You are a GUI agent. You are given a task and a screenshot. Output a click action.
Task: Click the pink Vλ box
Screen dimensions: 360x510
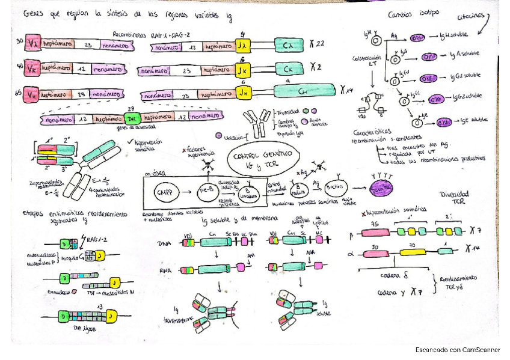point(33,44)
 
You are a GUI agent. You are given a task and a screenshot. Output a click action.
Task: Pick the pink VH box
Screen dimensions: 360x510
point(33,93)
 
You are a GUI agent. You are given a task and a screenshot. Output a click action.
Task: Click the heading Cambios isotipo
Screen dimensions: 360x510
point(413,13)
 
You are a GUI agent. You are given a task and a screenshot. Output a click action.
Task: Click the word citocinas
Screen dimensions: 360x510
point(473,19)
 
